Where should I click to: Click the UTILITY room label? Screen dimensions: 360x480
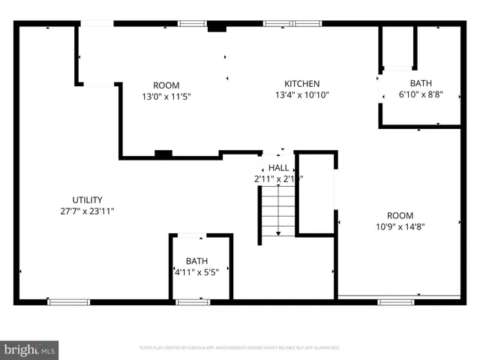coord(87,199)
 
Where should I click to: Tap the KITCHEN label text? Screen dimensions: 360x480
coord(302,83)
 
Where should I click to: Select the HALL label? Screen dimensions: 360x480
coord(279,168)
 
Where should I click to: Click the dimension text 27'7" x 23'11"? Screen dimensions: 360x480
coord(87,211)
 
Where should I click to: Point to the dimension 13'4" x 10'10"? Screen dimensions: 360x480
coord(302,94)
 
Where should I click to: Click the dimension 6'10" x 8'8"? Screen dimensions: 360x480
coord(421,94)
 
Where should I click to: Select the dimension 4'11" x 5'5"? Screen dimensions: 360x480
coord(196,272)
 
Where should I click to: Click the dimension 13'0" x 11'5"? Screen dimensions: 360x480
coord(166,97)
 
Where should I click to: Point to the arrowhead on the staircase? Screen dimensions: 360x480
coord(278,234)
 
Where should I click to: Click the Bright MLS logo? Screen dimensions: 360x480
coord(30,349)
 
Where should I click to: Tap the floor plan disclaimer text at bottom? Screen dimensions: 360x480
coord(240,348)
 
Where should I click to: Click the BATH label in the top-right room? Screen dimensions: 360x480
coord(421,83)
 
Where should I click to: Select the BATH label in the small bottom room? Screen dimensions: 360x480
coord(196,261)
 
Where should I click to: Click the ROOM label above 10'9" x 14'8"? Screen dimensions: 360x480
coord(400,214)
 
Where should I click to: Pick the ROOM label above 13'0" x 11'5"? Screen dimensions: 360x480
coord(166,85)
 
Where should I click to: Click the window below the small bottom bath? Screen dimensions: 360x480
coord(193,301)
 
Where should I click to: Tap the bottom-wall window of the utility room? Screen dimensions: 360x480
coord(68,301)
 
